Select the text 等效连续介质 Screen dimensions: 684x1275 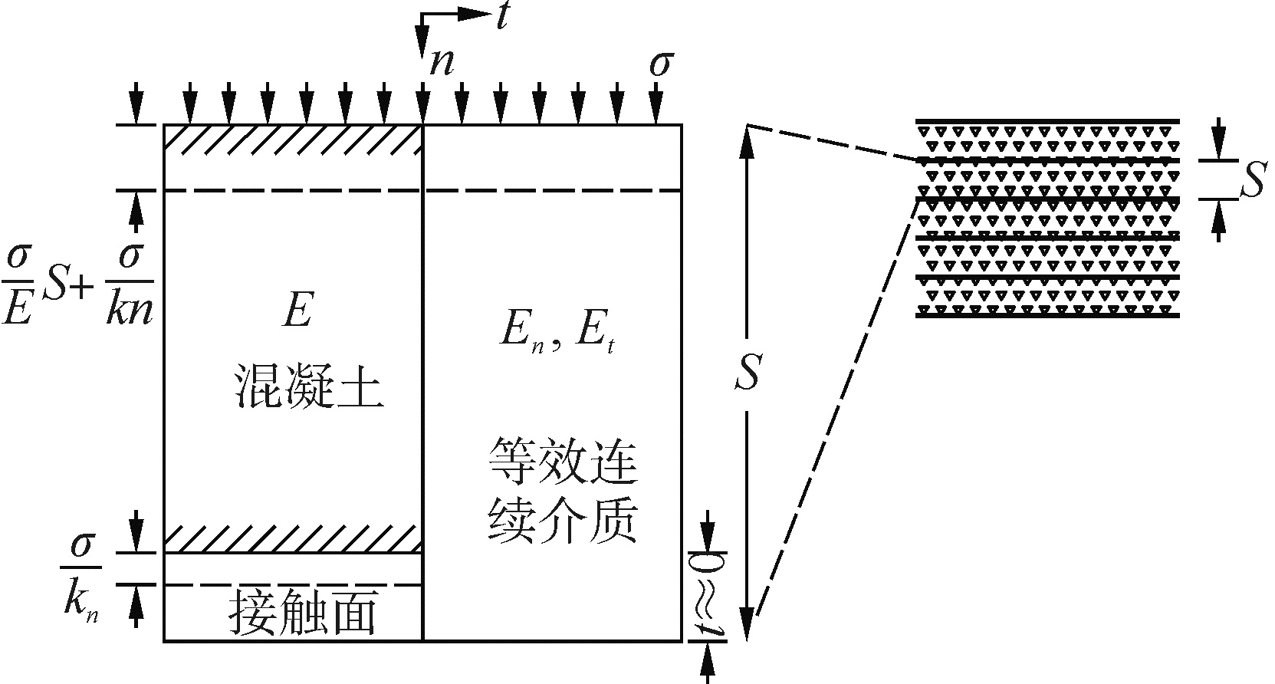(564, 491)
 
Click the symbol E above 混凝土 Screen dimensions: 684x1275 (296, 312)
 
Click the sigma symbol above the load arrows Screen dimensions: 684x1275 (658, 65)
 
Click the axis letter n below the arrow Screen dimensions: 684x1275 (442, 62)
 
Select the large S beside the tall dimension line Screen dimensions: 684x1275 (747, 373)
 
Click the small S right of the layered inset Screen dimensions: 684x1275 (1250, 183)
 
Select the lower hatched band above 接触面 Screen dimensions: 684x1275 (294, 539)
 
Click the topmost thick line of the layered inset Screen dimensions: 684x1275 (1047, 121)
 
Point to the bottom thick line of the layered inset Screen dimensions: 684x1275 (1047, 315)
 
